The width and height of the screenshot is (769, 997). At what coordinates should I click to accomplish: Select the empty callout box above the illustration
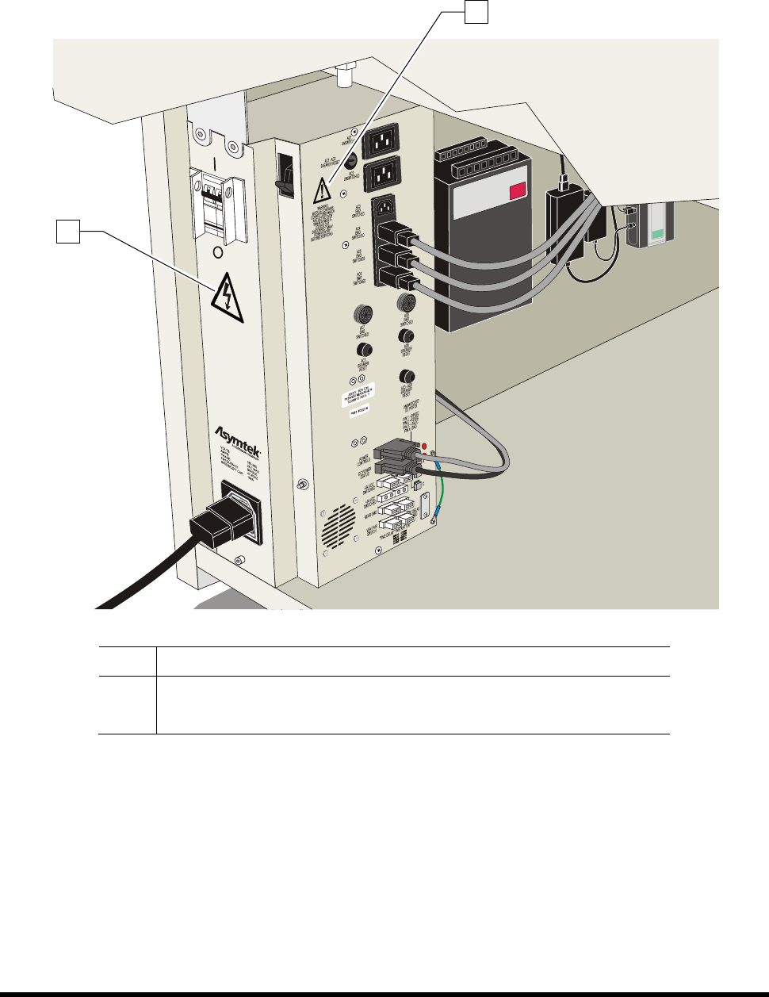click(474, 11)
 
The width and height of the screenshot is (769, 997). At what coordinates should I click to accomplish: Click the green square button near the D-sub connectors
click(418, 481)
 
